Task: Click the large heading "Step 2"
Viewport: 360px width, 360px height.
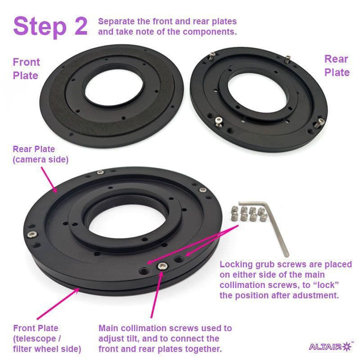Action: (x=50, y=27)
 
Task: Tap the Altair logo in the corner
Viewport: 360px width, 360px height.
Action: (x=331, y=346)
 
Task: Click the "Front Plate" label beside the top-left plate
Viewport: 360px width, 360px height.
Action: (x=27, y=69)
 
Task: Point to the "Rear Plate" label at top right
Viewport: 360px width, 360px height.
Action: (x=337, y=66)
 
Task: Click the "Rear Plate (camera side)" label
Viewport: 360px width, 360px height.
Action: (x=40, y=154)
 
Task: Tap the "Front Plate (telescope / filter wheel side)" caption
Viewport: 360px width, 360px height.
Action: (x=47, y=338)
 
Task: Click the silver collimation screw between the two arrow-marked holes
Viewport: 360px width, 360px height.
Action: (x=162, y=266)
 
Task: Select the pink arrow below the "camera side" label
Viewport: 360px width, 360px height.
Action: (x=49, y=180)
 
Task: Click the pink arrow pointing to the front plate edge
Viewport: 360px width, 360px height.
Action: (x=58, y=304)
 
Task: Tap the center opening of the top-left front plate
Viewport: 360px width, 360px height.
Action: (x=114, y=89)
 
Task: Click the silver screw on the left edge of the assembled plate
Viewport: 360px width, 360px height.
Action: (x=32, y=234)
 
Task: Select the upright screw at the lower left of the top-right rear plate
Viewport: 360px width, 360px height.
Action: (x=219, y=121)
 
